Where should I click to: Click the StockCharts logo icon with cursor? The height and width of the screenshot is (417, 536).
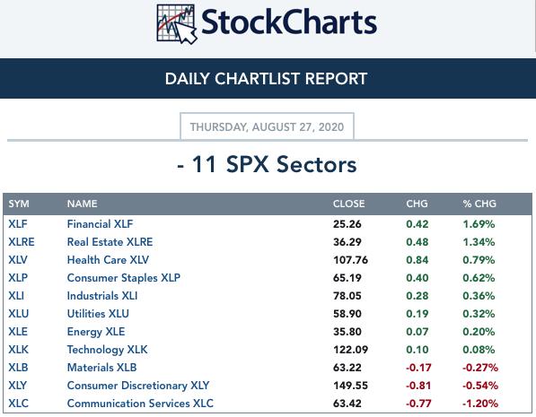[x=177, y=24]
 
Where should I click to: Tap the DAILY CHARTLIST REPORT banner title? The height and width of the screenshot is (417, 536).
[x=266, y=79]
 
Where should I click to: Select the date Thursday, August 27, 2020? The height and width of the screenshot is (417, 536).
[x=267, y=127]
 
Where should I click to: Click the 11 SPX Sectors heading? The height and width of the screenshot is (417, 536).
[x=267, y=164]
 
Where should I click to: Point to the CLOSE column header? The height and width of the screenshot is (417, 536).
[x=348, y=204]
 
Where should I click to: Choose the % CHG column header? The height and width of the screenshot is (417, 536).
[x=479, y=204]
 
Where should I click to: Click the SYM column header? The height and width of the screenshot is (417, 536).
[x=19, y=204]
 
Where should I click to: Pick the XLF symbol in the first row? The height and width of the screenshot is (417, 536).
[x=18, y=224]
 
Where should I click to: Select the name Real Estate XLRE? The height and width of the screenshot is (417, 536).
[x=110, y=242]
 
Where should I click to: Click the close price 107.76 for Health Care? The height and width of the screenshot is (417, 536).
[x=350, y=260]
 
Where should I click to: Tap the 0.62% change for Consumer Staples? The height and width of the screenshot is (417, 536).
[x=479, y=278]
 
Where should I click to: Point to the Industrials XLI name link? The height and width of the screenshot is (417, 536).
[x=102, y=296]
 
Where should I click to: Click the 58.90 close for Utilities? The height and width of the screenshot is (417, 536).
[x=347, y=314]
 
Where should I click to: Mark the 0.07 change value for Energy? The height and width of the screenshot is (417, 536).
[x=417, y=332]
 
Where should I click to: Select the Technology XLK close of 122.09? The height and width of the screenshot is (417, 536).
[x=350, y=350]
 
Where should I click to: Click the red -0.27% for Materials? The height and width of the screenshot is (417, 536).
[x=480, y=368]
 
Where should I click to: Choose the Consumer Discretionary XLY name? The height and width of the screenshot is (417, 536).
[x=138, y=386]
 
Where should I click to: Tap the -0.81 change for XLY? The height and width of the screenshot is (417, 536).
[x=418, y=386]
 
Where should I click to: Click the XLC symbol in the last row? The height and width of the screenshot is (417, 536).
[x=19, y=404]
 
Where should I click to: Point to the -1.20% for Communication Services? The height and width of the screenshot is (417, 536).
[x=480, y=404]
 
